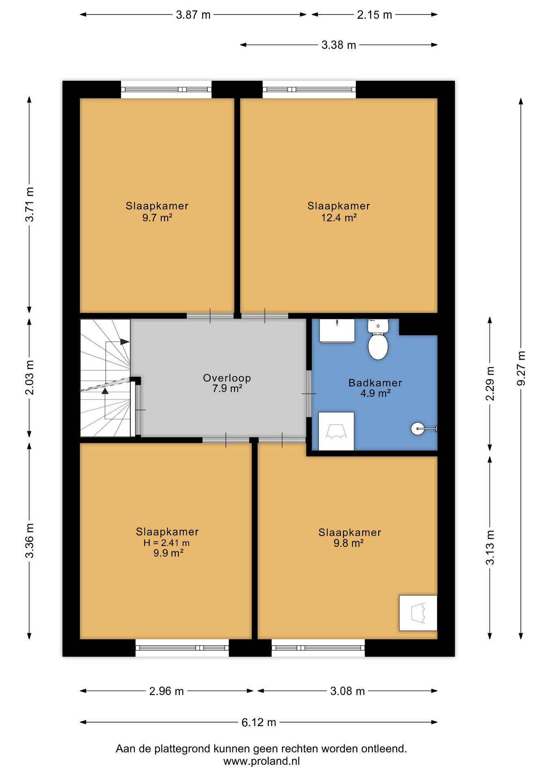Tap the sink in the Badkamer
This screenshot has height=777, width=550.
[x=337, y=331]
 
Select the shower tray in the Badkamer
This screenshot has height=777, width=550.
[x=336, y=431]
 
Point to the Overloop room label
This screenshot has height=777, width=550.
[x=227, y=378]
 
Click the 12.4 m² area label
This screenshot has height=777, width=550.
[x=339, y=218]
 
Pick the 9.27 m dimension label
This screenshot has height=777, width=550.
[x=521, y=368]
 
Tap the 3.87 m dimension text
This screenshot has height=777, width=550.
[x=193, y=15]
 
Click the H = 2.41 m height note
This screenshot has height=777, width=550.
[x=166, y=543]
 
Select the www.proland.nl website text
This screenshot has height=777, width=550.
[x=262, y=761]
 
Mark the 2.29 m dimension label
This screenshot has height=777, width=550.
[x=490, y=384]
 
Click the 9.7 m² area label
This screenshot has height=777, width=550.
[x=157, y=218]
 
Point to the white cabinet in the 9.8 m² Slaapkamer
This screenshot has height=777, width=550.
[x=418, y=613]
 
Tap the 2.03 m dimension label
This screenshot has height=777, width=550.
[x=30, y=377]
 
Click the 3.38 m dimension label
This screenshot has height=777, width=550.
[x=339, y=45]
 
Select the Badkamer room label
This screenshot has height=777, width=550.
[x=375, y=383]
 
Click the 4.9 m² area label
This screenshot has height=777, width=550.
[x=375, y=393]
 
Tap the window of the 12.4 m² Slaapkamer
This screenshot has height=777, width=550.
[x=309, y=89]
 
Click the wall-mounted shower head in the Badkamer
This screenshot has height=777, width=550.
[x=424, y=429]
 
